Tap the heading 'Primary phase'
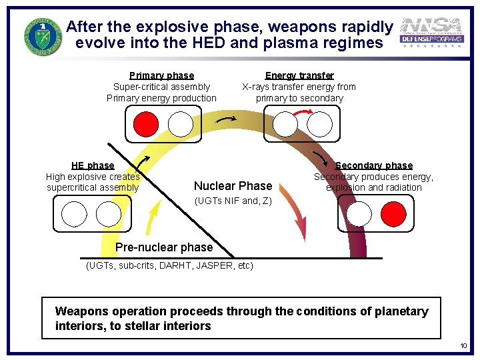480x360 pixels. tap(161, 75)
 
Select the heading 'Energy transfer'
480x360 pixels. tap(299, 75)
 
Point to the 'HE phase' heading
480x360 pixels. tap(93, 165)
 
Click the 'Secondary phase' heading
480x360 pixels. tap(373, 165)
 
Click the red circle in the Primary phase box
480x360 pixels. tap(146, 124)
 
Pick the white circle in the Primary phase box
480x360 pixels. tap(181, 124)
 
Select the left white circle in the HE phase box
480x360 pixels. tap(74, 214)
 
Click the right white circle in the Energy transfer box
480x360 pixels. tap(319, 124)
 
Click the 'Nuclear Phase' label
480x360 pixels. tap(233, 186)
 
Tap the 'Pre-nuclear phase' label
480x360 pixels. tap(164, 247)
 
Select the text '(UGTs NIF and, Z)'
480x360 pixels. tap(233, 201)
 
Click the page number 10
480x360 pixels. tap(463, 345)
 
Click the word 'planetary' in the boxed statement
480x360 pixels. tap(399, 311)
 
